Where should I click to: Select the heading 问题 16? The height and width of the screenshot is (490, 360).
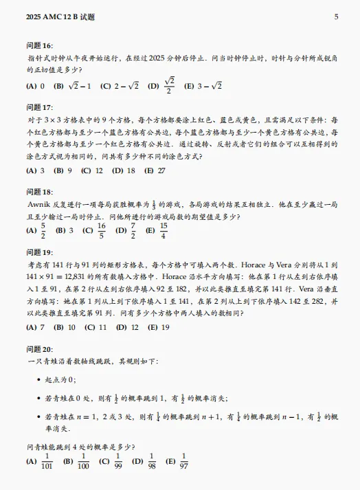pyautogui.click(x=38, y=45)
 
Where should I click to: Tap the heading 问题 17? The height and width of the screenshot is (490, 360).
pyautogui.click(x=38, y=108)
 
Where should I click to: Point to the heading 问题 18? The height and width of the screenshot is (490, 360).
pyautogui.click(x=38, y=192)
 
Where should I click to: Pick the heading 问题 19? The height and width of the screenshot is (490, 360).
pyautogui.click(x=38, y=253)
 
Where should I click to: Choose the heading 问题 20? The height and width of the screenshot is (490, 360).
pyautogui.click(x=38, y=349)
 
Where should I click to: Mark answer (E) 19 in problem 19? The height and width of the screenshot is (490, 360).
pyautogui.click(x=159, y=327)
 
